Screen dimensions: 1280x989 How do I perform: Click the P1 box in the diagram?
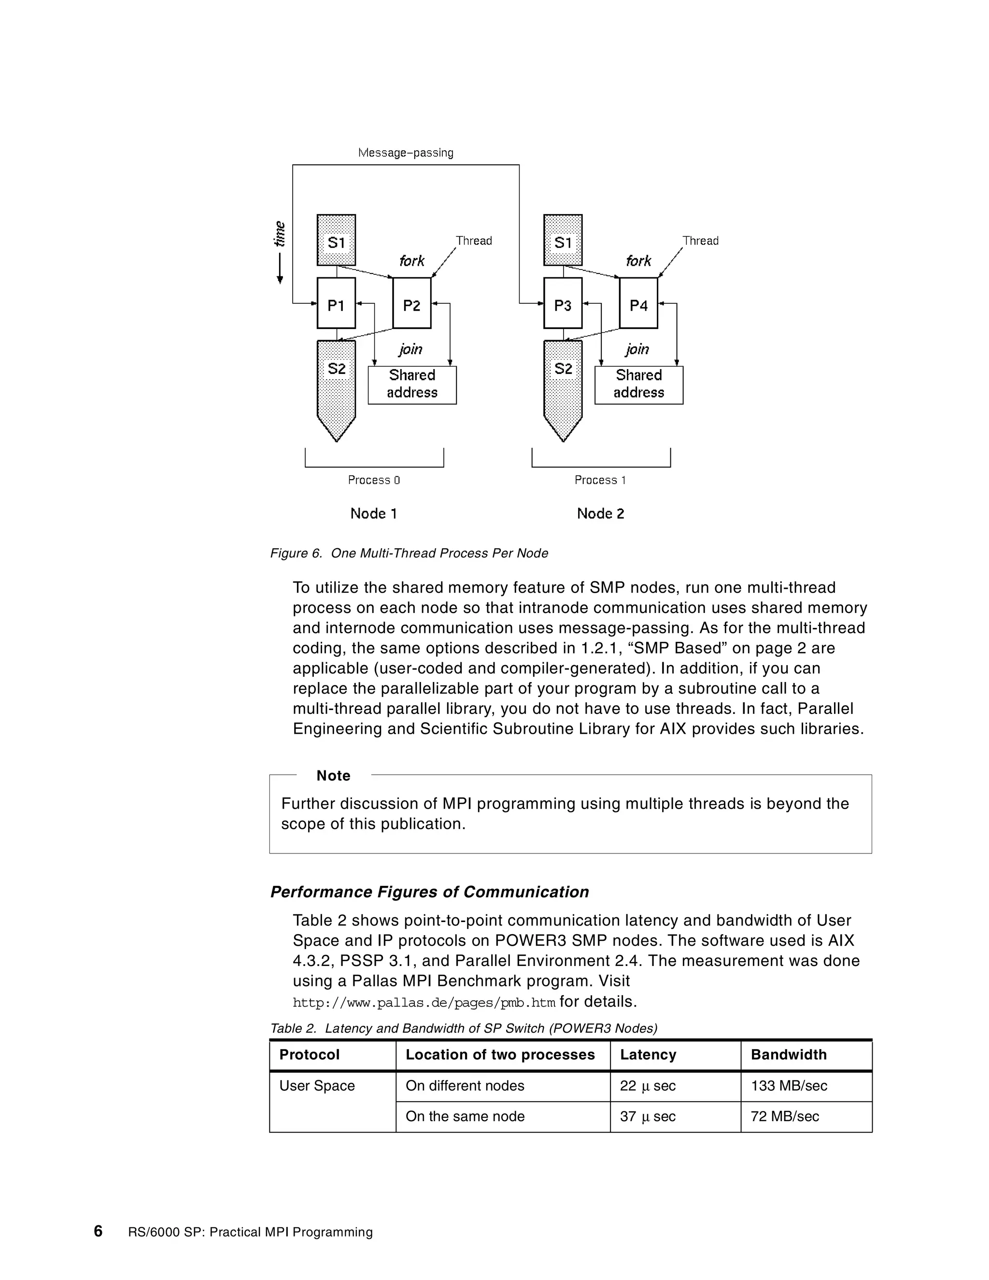click(336, 303)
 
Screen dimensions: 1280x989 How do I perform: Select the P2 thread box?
click(411, 303)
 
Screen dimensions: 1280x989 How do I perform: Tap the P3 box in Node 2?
click(563, 303)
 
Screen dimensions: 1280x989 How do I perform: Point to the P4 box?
click(638, 303)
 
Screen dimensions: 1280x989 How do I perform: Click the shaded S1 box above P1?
click(336, 240)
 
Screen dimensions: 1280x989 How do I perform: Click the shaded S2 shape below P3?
click(563, 381)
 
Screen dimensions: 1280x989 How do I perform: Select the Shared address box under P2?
click(412, 384)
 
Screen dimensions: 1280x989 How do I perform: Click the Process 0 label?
click(374, 480)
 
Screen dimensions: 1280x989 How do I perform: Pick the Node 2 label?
click(601, 513)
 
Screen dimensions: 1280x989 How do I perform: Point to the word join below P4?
click(637, 349)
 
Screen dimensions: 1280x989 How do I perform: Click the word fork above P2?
click(411, 261)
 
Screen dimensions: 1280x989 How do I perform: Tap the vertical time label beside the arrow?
click(280, 233)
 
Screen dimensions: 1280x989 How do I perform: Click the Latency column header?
click(648, 1054)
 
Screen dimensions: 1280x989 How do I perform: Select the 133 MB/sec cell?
click(789, 1085)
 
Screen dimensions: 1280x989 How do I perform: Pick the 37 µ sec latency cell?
click(648, 1116)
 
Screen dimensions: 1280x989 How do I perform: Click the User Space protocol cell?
click(317, 1085)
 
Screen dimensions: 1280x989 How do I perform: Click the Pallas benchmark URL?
click(424, 1002)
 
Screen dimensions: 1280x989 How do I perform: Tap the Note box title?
click(333, 775)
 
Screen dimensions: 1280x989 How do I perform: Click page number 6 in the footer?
click(98, 1231)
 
